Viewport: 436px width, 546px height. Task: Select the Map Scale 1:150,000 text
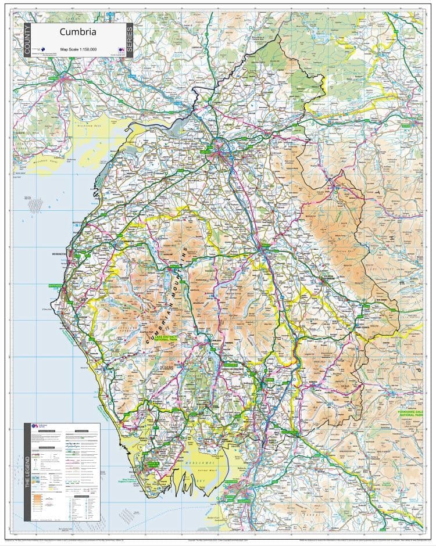point(78,48)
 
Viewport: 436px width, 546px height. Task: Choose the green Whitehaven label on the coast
point(54,286)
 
